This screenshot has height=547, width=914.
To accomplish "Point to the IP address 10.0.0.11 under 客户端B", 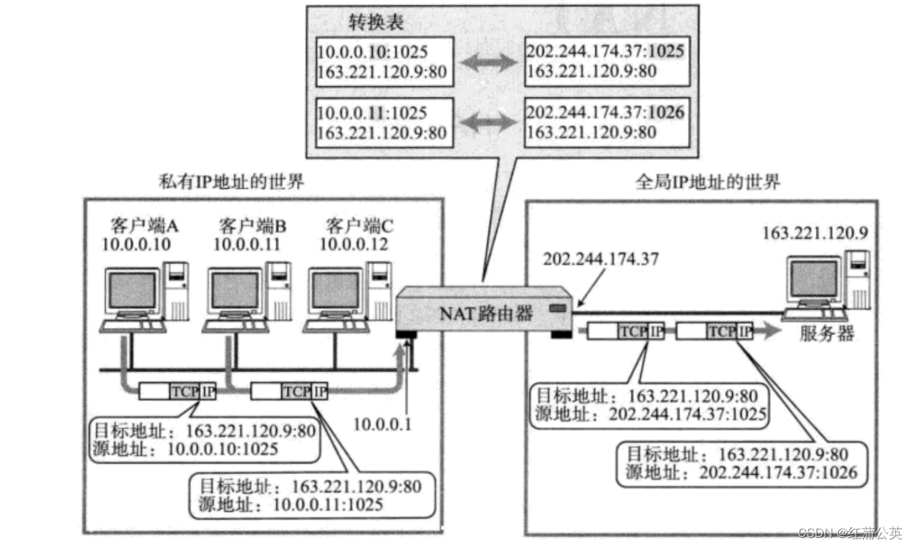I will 247,244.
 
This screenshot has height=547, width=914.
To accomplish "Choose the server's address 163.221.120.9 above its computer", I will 814,232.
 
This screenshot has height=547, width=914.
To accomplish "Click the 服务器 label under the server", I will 826,335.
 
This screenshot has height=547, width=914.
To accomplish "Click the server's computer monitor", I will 814,280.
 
